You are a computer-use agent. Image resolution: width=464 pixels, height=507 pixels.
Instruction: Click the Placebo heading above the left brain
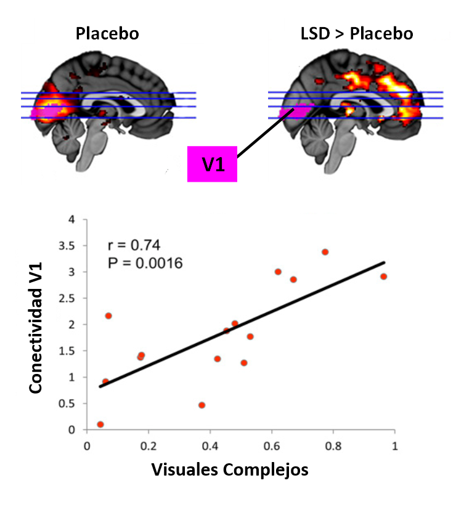(107, 33)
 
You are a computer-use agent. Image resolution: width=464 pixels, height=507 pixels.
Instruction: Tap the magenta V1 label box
(212, 164)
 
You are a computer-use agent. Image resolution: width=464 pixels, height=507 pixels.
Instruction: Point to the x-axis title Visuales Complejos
(230, 469)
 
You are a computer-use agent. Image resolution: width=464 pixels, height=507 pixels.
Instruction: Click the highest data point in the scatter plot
(325, 251)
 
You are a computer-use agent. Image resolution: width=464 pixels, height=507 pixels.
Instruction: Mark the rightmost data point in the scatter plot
(383, 276)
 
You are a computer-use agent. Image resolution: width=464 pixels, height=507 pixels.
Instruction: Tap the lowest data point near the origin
(100, 424)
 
